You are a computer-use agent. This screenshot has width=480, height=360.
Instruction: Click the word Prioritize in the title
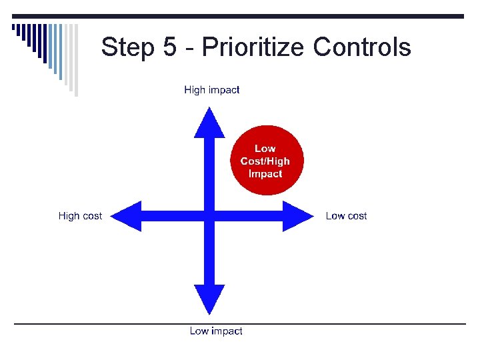click(253, 47)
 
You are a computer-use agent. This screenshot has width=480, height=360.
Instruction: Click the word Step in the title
click(129, 47)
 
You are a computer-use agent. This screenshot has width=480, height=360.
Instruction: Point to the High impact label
click(212, 90)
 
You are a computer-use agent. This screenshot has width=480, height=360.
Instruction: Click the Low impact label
click(216, 331)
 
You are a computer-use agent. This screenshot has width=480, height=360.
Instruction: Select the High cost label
click(80, 215)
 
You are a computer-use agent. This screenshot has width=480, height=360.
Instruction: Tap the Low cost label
click(346, 215)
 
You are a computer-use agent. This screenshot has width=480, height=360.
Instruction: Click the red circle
click(265, 161)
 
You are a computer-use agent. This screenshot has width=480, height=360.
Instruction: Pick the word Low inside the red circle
click(265, 149)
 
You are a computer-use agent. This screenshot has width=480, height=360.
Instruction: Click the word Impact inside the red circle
click(265, 174)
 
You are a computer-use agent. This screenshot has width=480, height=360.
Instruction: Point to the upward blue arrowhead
click(209, 123)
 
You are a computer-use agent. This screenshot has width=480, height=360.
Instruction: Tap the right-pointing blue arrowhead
click(297, 215)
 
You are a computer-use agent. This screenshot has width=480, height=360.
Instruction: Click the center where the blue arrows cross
click(209, 215)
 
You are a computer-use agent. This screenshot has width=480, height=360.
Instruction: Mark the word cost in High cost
click(93, 216)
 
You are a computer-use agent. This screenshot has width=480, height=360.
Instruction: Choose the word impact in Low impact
click(226, 331)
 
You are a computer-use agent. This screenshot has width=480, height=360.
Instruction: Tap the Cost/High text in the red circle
click(265, 161)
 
